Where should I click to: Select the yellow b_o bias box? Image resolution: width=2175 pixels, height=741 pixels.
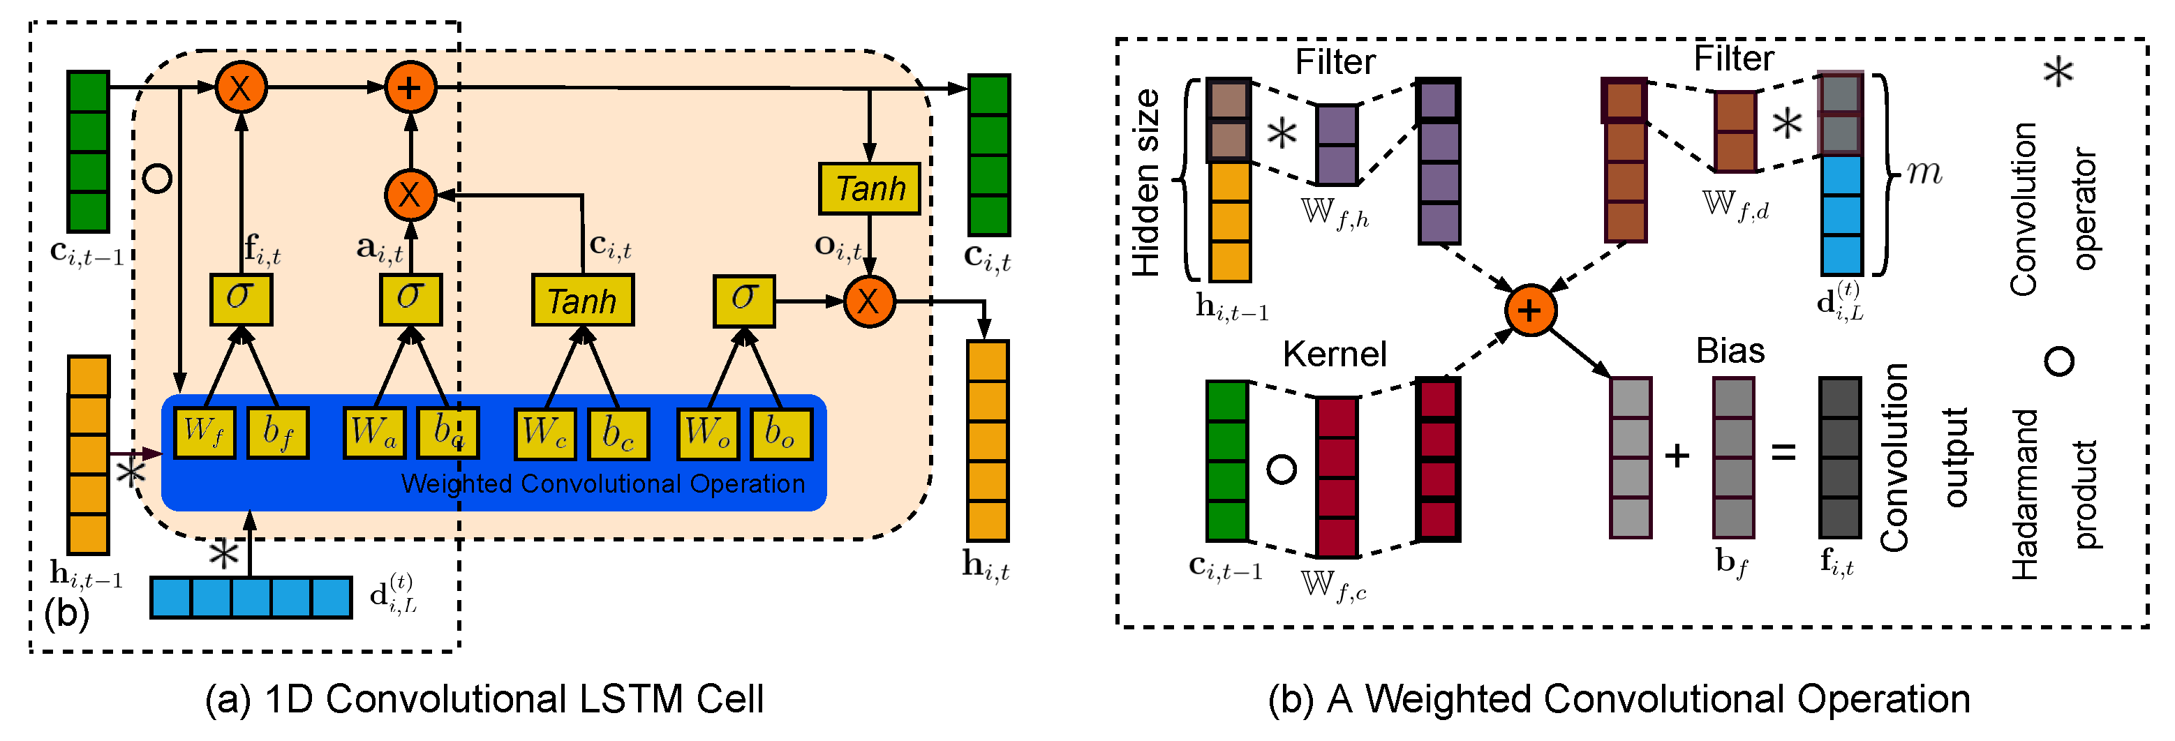[781, 434]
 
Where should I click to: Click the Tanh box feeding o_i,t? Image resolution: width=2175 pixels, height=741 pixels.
[869, 188]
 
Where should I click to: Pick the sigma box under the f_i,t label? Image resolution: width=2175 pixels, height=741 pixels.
[241, 299]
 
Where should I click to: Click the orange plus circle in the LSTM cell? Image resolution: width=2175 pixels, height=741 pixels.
[410, 87]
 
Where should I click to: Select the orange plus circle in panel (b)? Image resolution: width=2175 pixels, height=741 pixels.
[1530, 310]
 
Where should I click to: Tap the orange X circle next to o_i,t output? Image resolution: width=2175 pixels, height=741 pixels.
[869, 301]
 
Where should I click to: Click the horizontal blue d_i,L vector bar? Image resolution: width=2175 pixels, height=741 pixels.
[251, 597]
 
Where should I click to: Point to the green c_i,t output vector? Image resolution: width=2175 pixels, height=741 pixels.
[988, 154]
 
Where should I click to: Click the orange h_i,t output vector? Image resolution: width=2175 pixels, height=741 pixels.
[987, 440]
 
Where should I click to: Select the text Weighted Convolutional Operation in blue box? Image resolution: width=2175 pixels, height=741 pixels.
[603, 484]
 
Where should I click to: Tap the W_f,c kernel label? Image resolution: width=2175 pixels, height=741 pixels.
[1333, 585]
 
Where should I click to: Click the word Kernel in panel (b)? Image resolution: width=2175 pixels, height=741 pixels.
[1334, 354]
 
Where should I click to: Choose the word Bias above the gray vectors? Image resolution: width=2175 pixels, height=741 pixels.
[1730, 350]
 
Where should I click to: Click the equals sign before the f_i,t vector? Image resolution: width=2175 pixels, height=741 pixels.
[1783, 454]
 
